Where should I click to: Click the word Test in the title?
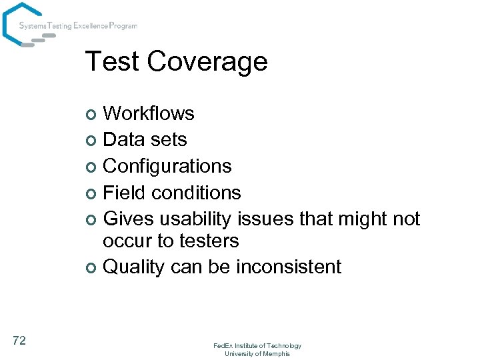click(x=113, y=61)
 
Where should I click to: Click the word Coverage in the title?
click(x=207, y=62)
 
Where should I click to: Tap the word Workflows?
click(x=149, y=113)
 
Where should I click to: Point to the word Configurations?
click(x=167, y=166)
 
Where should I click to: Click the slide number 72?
click(x=19, y=341)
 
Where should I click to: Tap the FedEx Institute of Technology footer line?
click(x=257, y=345)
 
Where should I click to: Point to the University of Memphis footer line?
click(x=257, y=353)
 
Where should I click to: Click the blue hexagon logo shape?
click(x=20, y=23)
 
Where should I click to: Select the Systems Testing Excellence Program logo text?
click(x=78, y=26)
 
